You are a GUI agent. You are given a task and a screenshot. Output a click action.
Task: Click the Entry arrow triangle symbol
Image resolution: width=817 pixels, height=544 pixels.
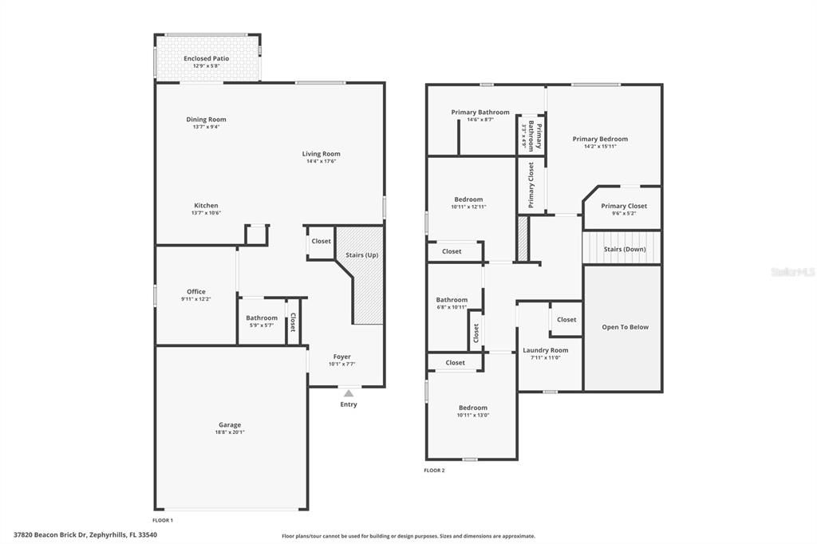349,392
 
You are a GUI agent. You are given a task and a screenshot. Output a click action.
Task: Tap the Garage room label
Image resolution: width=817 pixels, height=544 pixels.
230,425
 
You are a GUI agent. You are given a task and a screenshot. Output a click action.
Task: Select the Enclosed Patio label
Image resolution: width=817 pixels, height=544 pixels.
206,58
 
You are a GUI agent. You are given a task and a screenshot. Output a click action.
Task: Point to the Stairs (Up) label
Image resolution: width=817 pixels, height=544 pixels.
361,255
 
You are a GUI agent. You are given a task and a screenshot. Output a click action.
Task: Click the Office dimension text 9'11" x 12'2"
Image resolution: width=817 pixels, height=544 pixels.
195,299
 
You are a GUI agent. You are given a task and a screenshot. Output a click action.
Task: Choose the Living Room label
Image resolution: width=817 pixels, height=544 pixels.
321,154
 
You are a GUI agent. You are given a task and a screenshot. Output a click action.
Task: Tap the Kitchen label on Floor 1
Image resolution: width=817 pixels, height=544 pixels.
205,206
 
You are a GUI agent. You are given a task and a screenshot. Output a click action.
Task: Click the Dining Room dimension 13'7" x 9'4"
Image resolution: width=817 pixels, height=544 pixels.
206,127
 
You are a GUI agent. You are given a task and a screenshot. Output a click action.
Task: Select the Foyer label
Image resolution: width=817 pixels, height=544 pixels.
341,357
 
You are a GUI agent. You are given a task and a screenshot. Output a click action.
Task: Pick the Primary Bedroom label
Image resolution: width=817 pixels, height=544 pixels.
600,139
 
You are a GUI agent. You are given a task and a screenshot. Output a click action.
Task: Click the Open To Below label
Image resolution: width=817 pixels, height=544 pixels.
625,327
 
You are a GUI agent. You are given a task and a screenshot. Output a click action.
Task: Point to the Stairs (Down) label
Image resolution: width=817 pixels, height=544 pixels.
624,249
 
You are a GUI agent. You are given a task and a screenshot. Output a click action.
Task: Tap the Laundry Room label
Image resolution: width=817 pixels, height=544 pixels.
546,350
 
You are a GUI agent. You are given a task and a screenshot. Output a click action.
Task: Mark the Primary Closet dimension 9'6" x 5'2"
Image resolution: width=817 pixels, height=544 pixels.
623,213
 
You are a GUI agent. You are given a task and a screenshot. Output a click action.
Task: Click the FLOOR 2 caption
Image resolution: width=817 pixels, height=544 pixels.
434,471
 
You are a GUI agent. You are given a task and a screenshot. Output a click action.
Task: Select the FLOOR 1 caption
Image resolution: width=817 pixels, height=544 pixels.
163,520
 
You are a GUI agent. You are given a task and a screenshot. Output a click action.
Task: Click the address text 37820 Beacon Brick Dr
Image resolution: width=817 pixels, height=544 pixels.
51,535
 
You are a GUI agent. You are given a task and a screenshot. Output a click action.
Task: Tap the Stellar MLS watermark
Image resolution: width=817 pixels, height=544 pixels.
793,272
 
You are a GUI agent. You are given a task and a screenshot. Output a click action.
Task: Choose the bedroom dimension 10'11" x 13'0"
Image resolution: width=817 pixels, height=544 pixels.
472,415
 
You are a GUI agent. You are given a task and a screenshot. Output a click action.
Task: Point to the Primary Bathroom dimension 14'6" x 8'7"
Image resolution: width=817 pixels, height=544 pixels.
480,120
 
